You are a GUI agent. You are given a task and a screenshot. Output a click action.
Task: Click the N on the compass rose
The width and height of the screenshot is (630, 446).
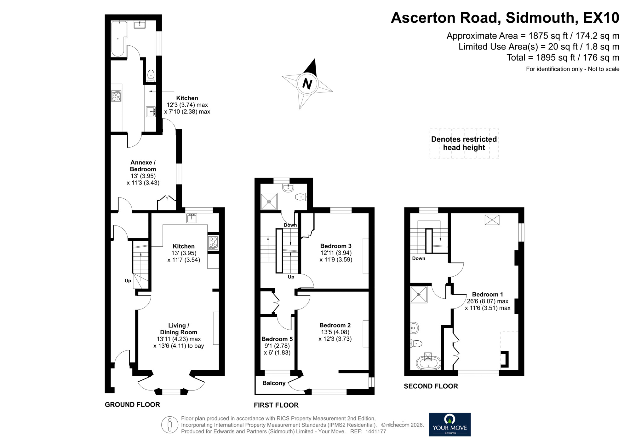pos(307,84)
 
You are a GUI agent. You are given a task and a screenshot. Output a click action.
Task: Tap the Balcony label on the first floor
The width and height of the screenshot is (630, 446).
pos(274,383)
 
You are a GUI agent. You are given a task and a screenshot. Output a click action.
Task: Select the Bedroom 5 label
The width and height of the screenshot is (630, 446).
pos(277,339)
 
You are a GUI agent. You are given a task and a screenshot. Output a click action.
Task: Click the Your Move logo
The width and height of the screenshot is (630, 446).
pos(450,425)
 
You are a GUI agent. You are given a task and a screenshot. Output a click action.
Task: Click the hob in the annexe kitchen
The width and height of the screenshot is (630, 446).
pos(116,96)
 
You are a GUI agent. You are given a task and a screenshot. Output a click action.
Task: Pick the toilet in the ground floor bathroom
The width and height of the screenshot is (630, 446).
pos(151,75)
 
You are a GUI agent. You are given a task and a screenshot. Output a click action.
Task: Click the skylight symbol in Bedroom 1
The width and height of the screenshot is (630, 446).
pos(492,220)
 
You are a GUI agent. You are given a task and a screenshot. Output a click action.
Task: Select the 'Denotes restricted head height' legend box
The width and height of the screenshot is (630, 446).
pos(464,144)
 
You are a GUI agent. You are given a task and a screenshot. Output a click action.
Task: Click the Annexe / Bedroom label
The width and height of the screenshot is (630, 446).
pos(143,166)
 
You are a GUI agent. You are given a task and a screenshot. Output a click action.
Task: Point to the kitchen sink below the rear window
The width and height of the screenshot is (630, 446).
pos(192,218)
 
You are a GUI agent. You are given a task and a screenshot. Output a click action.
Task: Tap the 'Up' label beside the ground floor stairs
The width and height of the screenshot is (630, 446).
pos(128,281)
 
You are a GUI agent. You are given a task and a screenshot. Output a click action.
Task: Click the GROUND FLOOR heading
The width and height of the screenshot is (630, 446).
pos(132,405)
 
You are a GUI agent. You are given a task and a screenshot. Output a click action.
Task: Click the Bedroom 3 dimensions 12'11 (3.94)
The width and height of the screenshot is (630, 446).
pos(336,253)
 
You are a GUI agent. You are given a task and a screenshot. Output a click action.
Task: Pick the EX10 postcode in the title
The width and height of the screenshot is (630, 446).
pos(601,18)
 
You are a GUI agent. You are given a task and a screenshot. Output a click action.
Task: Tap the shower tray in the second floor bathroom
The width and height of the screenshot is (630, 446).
pos(419,295)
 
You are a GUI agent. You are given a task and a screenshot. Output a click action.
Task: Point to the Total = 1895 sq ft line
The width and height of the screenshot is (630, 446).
pos(563,57)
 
